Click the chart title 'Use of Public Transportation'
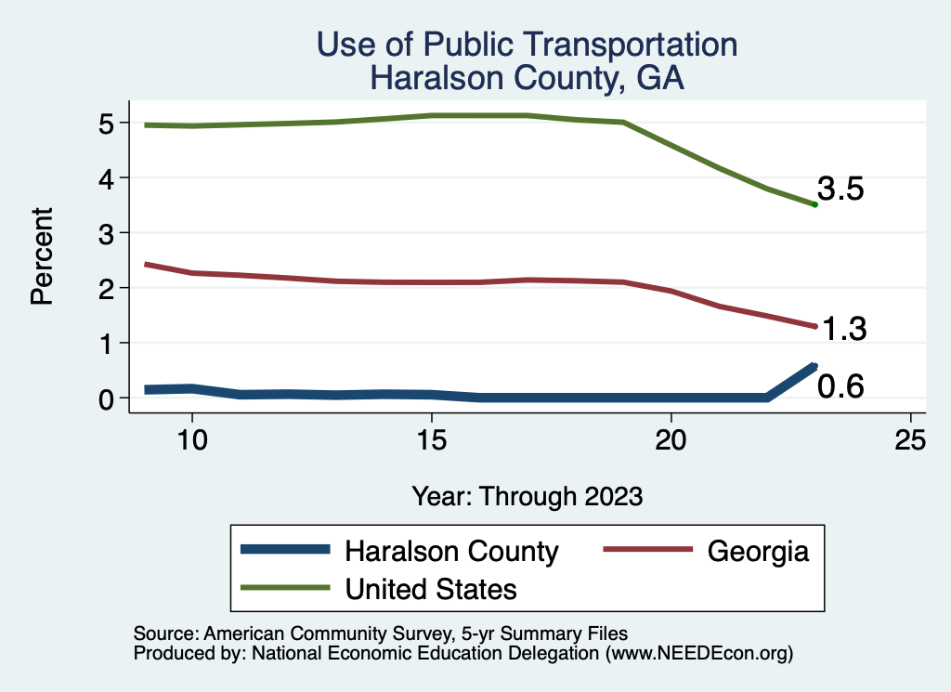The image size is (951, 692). [527, 44]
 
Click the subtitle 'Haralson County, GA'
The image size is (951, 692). [527, 77]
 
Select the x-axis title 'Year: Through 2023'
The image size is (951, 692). [527, 496]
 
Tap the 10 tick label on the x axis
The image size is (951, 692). [191, 441]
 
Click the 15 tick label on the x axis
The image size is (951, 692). [431, 441]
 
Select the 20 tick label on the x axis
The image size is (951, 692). [671, 441]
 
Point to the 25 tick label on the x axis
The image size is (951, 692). [910, 441]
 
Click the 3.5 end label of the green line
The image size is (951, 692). [840, 189]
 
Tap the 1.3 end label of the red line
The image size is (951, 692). [841, 329]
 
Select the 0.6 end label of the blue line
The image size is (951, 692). [840, 385]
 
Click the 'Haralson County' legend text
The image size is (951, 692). [451, 551]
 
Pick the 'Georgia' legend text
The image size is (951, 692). [758, 551]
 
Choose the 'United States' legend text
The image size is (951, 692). [431, 589]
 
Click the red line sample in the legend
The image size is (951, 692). [647, 550]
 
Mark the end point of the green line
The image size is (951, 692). [814, 204]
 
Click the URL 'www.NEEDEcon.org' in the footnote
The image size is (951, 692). [698, 653]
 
